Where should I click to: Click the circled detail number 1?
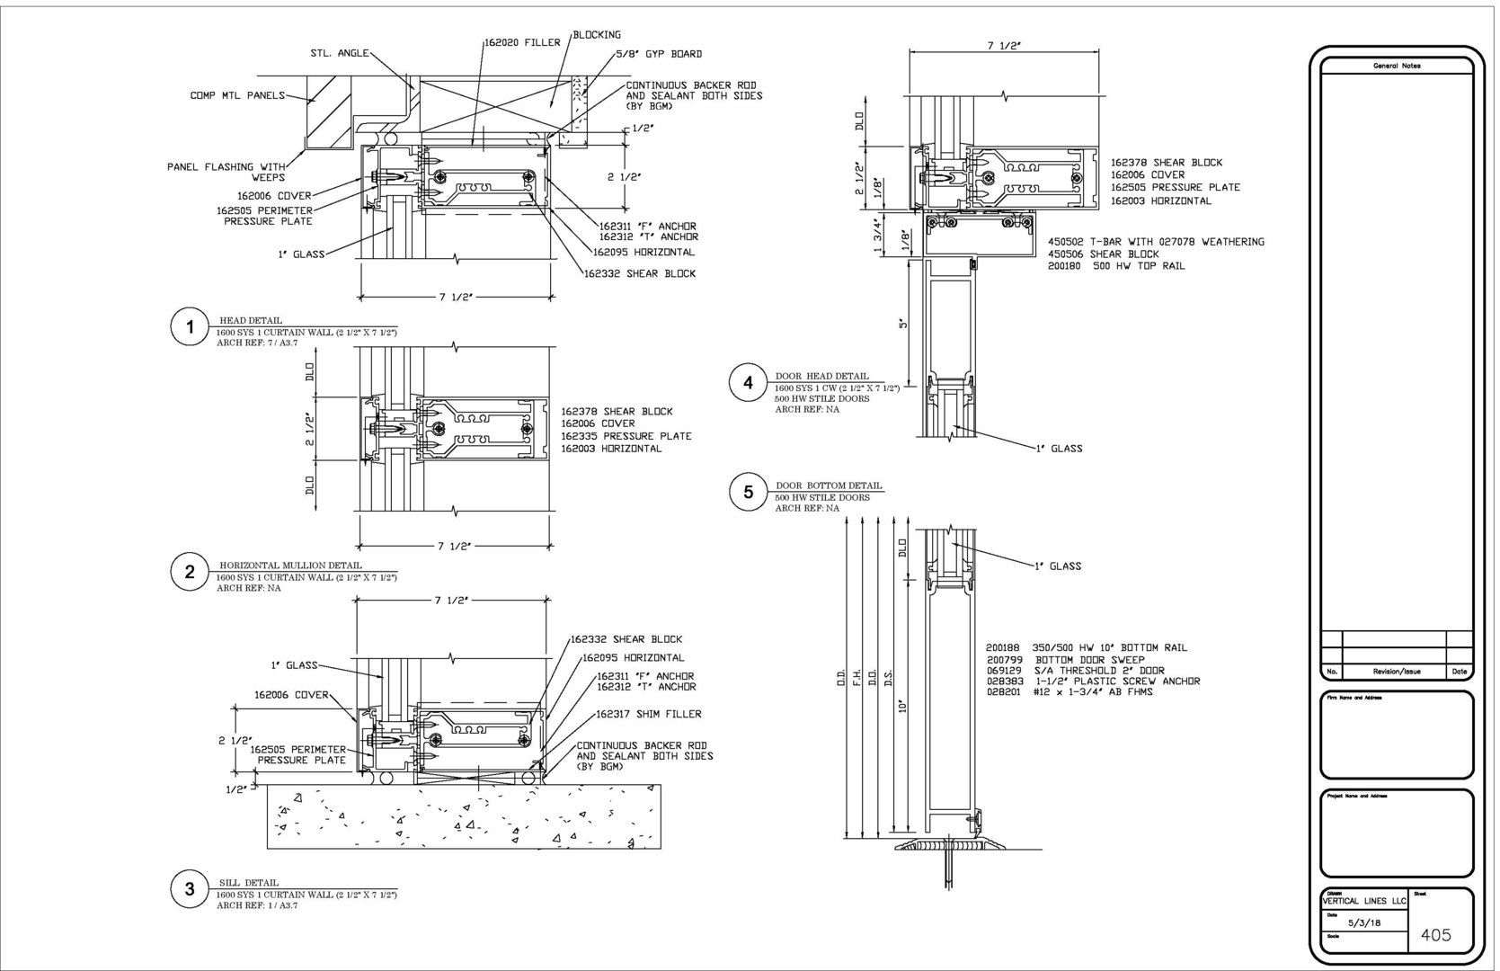coord(190,327)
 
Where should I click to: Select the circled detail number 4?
coord(748,383)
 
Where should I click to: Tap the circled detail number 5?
coord(748,492)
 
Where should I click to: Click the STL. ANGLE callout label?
coord(340,53)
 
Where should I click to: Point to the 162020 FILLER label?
coord(522,42)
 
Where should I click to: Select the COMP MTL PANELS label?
coord(237,95)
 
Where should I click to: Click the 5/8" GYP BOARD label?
coord(659,54)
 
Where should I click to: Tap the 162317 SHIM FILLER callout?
coord(649,714)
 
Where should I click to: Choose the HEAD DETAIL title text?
coord(251,320)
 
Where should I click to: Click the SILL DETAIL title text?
coord(249,883)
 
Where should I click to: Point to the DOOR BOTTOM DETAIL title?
coord(829,485)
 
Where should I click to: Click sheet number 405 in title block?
coord(1435,935)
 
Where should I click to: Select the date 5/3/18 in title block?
coord(1364,922)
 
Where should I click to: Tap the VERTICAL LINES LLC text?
coord(1363,901)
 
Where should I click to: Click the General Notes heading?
coord(1396,66)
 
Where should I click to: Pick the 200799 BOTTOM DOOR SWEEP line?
coord(1065,660)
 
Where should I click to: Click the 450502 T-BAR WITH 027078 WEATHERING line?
coord(1156,242)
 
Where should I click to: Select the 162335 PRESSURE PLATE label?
coord(626,436)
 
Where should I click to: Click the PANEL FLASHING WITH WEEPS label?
coord(226,172)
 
